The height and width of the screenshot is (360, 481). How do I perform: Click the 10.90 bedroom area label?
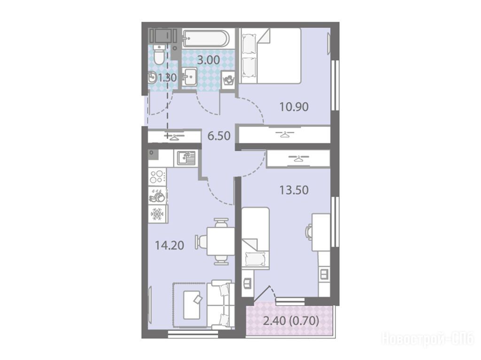294,107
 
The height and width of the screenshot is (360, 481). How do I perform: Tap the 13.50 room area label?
294,190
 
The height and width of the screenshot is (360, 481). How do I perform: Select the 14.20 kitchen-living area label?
169,245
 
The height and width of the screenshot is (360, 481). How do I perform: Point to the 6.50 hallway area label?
219,136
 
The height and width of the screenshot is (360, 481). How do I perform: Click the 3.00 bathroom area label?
209,60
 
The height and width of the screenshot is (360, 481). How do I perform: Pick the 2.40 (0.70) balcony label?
291,321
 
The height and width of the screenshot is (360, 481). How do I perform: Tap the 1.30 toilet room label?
167,77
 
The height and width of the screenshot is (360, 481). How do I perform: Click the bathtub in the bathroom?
206,38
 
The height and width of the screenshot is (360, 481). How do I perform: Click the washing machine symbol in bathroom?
228,80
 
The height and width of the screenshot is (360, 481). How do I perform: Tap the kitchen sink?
186,158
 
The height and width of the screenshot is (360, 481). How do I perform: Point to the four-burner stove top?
157,176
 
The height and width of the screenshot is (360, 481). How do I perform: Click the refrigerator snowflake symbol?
157,214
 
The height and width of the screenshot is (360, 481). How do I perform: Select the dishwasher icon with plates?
157,195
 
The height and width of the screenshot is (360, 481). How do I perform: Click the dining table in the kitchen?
221,241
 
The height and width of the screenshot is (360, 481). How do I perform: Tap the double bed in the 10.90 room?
270,56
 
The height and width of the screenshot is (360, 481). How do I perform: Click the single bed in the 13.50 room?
256,238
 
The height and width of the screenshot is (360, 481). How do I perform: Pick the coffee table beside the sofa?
192,305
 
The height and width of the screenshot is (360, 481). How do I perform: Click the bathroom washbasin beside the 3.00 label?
189,77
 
